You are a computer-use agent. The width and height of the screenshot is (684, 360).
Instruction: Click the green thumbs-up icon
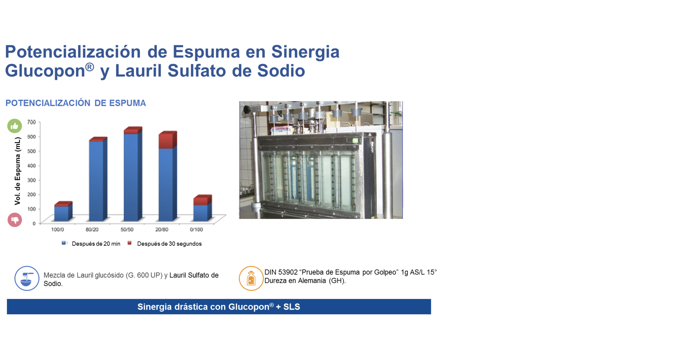point(15,126)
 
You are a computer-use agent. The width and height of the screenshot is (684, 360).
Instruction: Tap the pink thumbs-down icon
point(15,220)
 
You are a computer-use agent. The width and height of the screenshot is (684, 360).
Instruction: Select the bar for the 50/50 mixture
point(133,174)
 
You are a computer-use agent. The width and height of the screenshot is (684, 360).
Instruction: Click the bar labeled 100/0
point(63,211)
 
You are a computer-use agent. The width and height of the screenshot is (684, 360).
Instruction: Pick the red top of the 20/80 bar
point(168,140)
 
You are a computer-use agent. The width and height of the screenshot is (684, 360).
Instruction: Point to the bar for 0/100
point(202,208)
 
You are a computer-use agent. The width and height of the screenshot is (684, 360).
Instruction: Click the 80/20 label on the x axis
point(92,230)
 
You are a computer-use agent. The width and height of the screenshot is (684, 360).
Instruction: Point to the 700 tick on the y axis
point(31,122)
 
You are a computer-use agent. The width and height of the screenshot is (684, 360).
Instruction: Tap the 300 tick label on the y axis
point(31,180)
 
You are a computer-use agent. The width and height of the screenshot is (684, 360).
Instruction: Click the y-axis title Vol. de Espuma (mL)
point(18,171)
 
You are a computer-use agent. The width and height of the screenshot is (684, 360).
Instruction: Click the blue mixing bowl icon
point(27,278)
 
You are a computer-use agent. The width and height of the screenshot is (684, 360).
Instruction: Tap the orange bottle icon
point(251,278)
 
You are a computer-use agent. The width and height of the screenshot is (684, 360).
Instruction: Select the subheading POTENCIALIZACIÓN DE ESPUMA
point(76,103)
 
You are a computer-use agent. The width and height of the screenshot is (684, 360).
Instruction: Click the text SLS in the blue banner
point(292,307)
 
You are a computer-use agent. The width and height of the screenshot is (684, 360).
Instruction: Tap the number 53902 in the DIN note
point(288,272)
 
